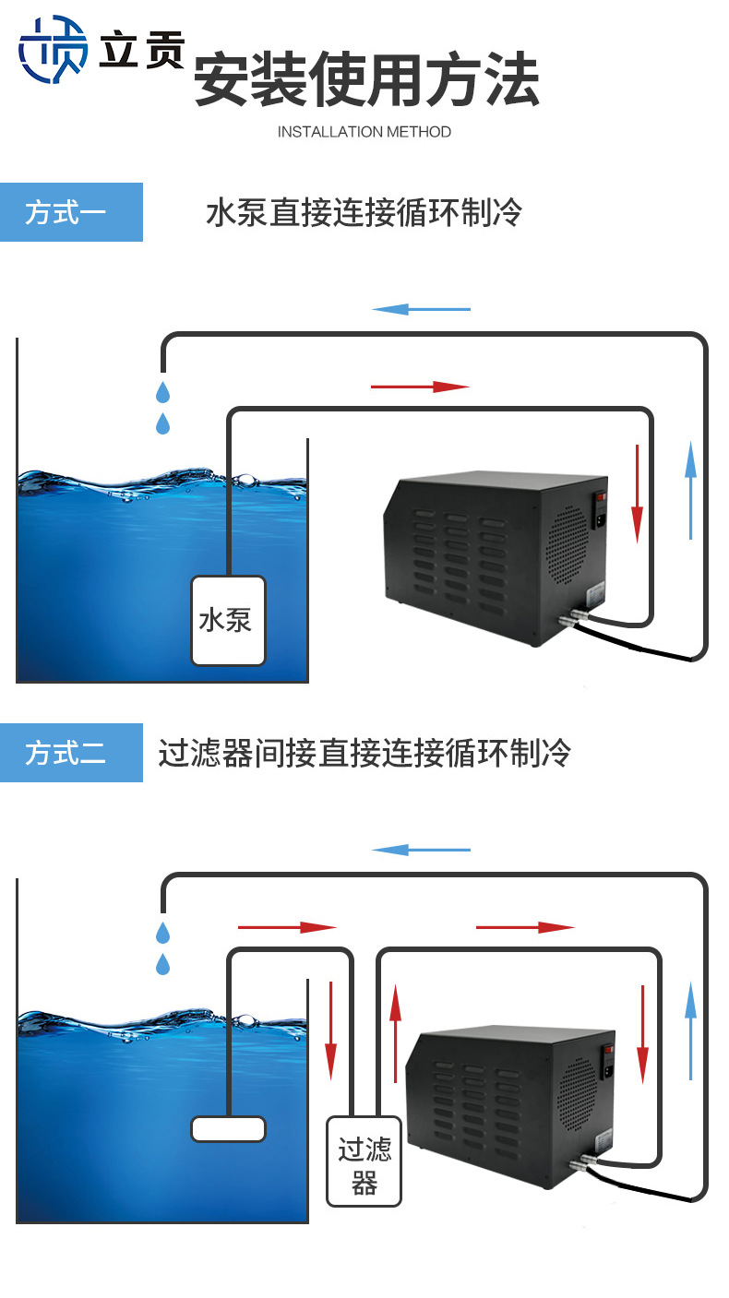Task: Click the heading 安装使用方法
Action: click(366, 81)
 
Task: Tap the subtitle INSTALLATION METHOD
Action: click(364, 132)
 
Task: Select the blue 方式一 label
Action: click(71, 212)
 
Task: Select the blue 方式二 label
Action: click(71, 753)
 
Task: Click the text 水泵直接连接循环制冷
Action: click(364, 213)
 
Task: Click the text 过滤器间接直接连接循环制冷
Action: click(364, 754)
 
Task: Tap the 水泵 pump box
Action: click(228, 620)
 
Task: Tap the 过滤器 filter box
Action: click(364, 1161)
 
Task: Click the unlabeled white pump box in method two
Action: click(228, 1128)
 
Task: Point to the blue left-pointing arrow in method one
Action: click(421, 309)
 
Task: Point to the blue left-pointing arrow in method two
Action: click(421, 850)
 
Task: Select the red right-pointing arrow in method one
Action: click(420, 387)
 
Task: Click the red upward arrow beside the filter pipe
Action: click(396, 1033)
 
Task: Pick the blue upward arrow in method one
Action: click(690, 489)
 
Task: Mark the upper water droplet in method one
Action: click(163, 392)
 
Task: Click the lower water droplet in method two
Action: click(163, 965)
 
